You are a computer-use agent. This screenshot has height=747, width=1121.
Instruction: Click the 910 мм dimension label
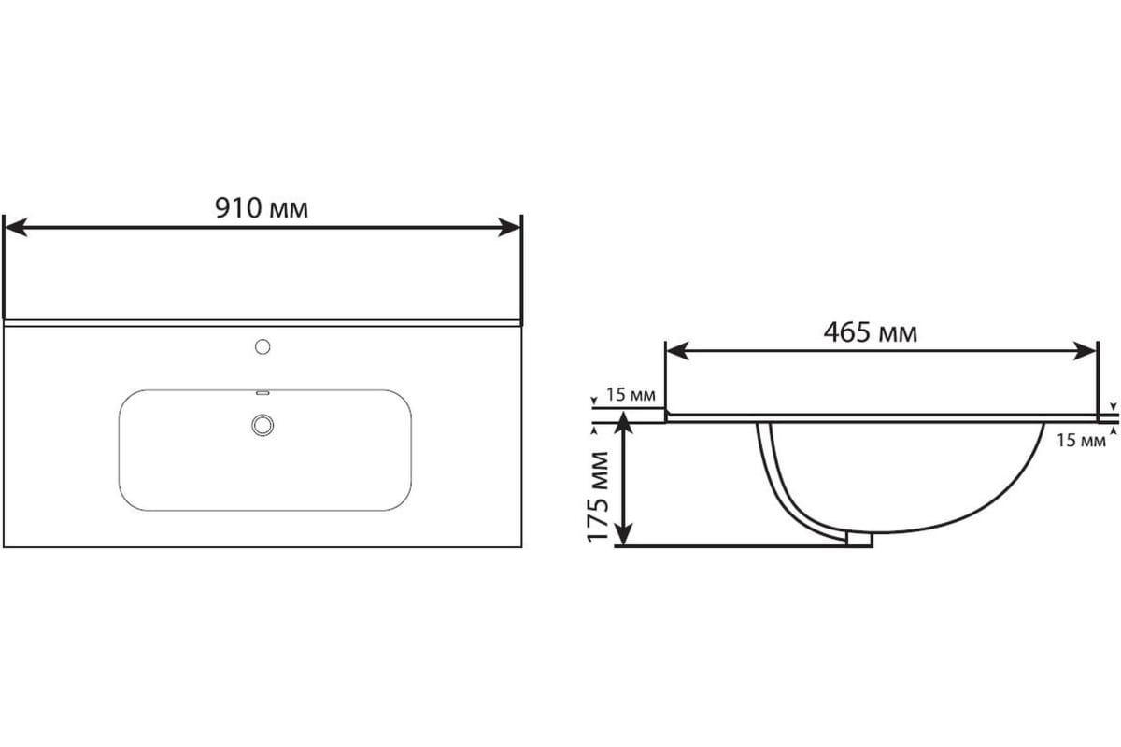coord(262,208)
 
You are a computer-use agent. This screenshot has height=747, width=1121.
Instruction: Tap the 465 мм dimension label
coord(871,332)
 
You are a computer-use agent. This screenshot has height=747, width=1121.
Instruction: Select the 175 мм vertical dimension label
coord(598,497)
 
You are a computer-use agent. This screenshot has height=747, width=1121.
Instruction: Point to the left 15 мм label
coord(631,395)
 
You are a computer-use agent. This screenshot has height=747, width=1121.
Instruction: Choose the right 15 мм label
coord(1081,441)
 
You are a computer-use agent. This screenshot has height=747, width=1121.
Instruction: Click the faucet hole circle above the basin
coord(263,346)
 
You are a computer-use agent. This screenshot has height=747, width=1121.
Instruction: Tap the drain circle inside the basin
coord(263,425)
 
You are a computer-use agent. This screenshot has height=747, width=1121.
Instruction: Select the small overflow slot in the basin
coord(263,393)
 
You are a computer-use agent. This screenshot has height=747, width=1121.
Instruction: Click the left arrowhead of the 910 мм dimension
coord(15,227)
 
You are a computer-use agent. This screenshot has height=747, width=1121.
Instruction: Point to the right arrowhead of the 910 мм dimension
coord(509,227)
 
